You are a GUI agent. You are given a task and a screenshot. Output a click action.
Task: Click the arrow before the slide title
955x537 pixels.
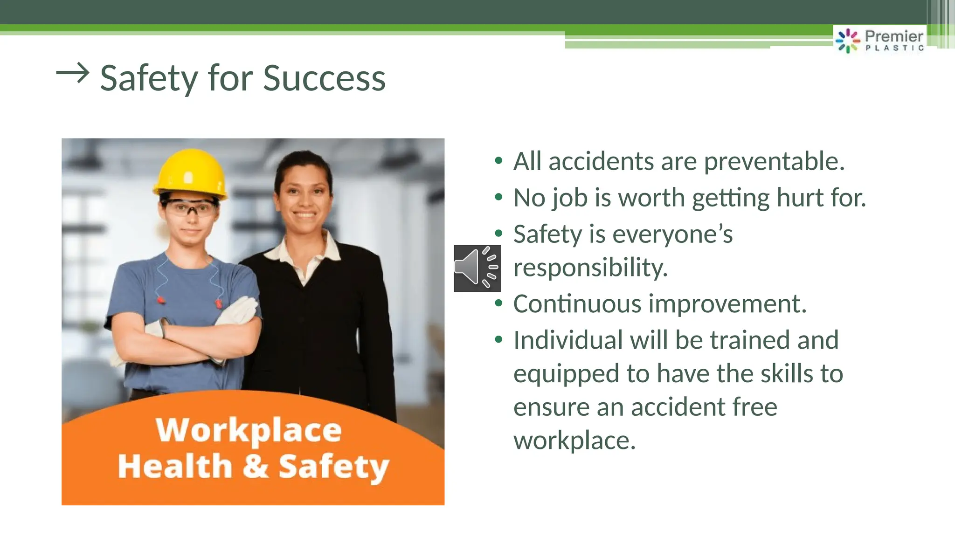coord(72,74)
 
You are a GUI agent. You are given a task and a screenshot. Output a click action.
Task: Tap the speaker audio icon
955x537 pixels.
coord(477,268)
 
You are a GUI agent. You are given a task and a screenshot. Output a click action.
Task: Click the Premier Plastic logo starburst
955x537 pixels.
coord(847,41)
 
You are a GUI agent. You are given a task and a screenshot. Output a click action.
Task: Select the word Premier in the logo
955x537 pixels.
coord(893,36)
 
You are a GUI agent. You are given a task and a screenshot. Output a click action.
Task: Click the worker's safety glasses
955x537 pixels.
coord(190,207)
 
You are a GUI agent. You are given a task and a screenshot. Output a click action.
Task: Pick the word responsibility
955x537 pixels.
coord(590,268)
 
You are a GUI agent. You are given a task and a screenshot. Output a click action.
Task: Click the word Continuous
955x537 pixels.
coord(577,304)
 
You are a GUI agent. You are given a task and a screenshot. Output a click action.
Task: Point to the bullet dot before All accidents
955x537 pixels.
coord(498,161)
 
